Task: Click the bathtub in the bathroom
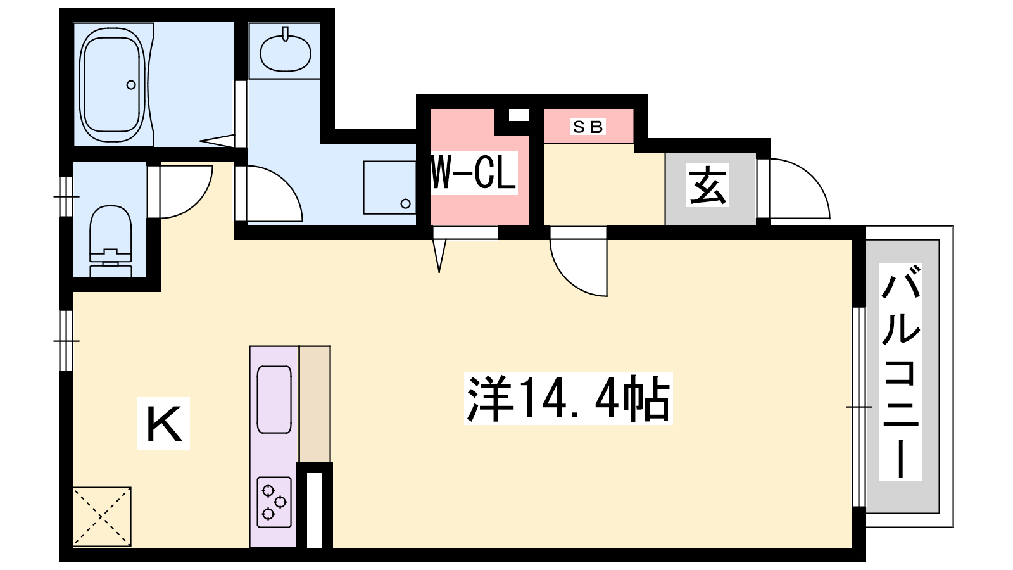click(x=113, y=85)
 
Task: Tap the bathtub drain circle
click(x=131, y=85)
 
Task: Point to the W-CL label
click(x=474, y=173)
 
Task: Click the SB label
click(x=588, y=127)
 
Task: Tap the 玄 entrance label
click(x=708, y=185)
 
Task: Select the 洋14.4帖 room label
click(x=569, y=398)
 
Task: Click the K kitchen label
click(x=164, y=424)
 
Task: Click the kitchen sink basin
click(x=274, y=400)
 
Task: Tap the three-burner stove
click(x=274, y=502)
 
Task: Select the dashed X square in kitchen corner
click(x=102, y=517)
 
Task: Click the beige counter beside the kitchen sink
click(x=315, y=404)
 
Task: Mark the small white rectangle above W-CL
click(x=519, y=115)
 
